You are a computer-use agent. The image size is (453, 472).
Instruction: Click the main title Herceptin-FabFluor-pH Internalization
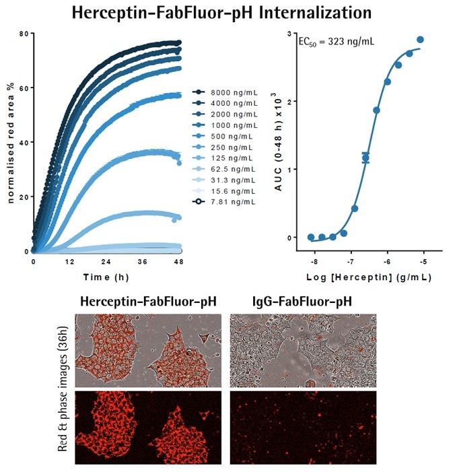[226, 13]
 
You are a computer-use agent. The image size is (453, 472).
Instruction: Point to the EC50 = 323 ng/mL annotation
[336, 42]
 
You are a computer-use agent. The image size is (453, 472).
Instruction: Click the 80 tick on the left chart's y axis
[24, 34]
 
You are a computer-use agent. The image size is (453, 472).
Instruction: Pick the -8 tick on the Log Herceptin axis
[314, 260]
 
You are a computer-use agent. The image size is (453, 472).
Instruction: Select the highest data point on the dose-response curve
[420, 40]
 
